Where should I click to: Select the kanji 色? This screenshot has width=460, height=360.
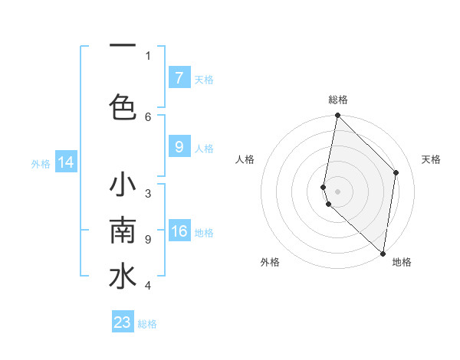point(123,106)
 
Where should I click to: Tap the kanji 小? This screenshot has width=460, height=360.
point(123,186)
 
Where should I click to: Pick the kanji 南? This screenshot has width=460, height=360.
point(123,230)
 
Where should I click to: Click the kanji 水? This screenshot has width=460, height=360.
point(123,277)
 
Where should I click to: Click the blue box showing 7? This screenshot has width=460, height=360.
point(179,78)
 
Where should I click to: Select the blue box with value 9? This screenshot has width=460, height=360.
point(179,148)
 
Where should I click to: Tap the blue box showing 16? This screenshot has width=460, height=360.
point(179,231)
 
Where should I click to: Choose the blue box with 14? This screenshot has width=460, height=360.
point(66,162)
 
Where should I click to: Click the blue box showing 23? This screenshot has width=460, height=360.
point(122,322)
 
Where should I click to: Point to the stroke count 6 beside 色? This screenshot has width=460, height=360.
point(148,116)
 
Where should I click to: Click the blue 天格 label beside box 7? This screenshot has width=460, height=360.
point(204,79)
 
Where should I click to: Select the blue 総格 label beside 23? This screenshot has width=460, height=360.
point(147,323)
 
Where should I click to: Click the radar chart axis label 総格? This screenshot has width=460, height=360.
point(337,100)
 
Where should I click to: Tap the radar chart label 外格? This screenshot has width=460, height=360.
point(270,263)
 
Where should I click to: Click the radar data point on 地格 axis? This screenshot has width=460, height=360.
point(383,253)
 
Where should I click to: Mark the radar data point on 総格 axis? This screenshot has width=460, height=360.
point(337,116)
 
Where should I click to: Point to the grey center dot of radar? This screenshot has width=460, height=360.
point(337,191)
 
